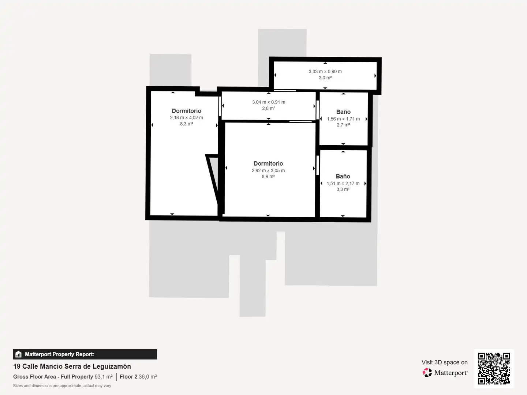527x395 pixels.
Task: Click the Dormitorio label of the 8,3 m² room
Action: pos(186,111)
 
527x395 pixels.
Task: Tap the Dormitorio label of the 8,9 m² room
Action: pos(268,163)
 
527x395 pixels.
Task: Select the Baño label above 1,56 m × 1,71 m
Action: pos(343,112)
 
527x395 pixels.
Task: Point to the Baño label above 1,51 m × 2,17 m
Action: pos(343,176)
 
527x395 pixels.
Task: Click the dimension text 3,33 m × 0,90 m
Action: pos(325,71)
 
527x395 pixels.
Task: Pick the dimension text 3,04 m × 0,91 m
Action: pos(269,102)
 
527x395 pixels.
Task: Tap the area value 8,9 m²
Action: pos(268,177)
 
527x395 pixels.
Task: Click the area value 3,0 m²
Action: pos(325,78)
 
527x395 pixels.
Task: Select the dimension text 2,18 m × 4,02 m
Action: pos(187,118)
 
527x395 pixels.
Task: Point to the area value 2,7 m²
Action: pos(343,125)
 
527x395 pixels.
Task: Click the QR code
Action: pos(494,368)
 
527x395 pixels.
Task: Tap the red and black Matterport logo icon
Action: pos(427,372)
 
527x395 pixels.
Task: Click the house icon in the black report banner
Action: pos(19,354)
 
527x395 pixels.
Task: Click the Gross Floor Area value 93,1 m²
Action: pos(104,377)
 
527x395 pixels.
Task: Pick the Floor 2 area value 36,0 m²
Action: pos(147,377)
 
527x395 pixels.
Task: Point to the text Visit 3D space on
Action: pos(444,362)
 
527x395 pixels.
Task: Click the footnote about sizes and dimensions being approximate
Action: pos(62,386)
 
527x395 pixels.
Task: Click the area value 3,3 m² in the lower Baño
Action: pos(343,189)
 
